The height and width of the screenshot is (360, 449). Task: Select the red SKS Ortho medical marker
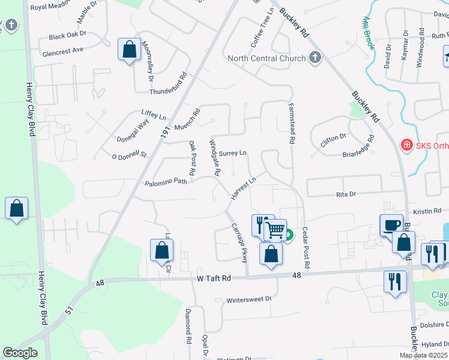click(x=406, y=145)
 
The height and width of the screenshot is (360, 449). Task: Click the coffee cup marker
click(x=391, y=226)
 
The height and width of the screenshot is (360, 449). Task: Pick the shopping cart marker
click(x=275, y=230)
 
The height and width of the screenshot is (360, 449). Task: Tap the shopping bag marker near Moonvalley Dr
click(x=129, y=50)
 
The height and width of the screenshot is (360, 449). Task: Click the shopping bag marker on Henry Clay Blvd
click(x=17, y=209)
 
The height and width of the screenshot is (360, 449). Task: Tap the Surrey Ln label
click(x=233, y=154)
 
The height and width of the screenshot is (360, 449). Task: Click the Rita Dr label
click(x=346, y=194)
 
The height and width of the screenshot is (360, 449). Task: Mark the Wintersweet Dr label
click(x=249, y=299)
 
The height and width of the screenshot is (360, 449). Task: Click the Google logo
click(x=20, y=353)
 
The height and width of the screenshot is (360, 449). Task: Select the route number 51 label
click(x=69, y=310)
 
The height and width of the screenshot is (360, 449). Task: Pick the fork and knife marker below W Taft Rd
click(x=394, y=281)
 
